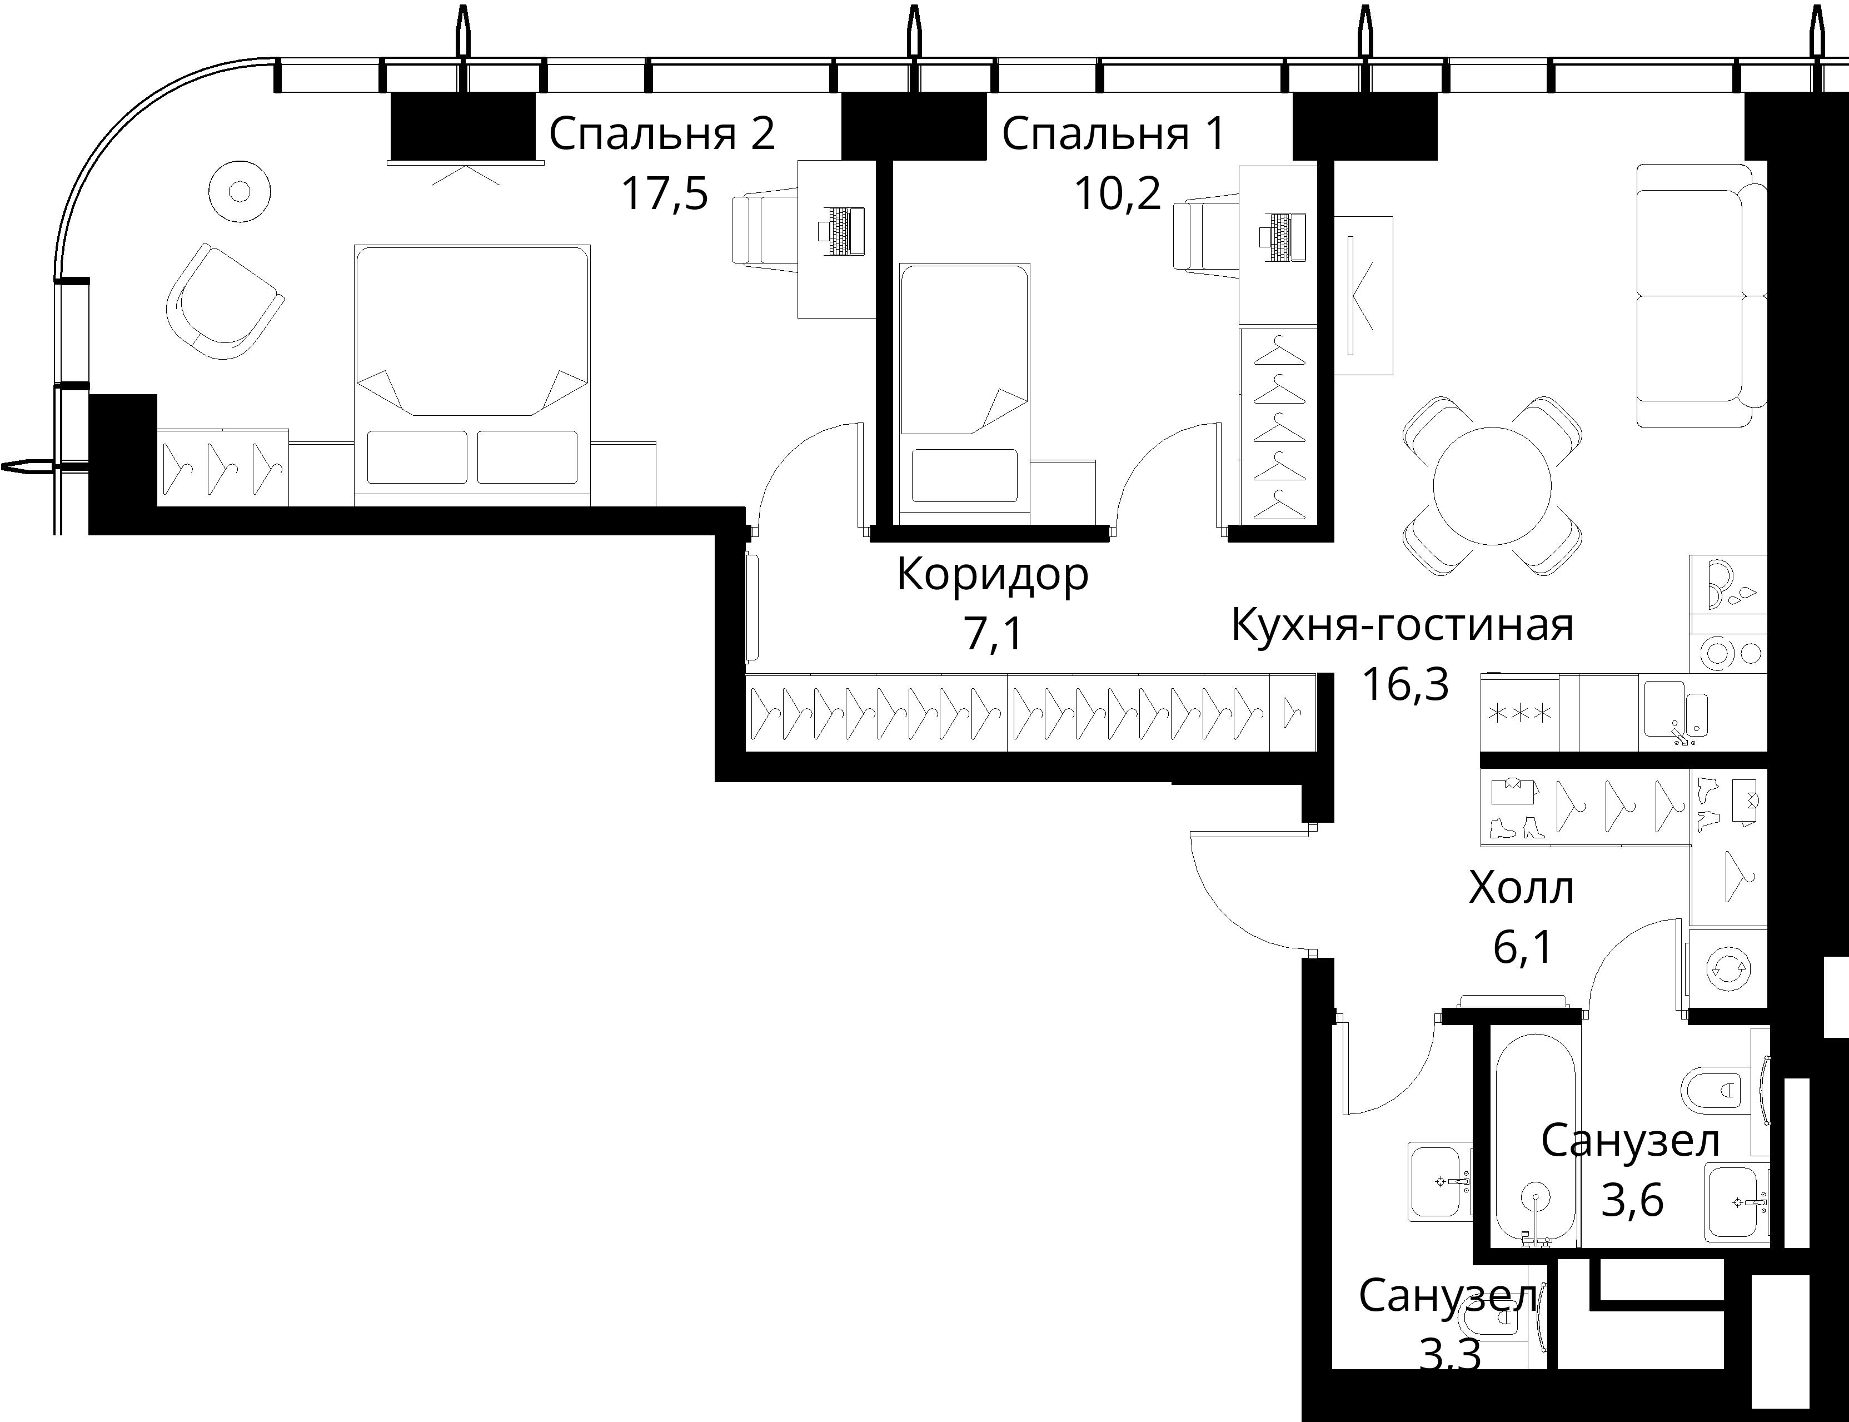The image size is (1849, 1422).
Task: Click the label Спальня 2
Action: pyautogui.click(x=662, y=134)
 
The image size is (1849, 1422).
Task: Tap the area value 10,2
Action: pyautogui.click(x=1117, y=194)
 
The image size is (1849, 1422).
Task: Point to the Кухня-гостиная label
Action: pyautogui.click(x=1402, y=625)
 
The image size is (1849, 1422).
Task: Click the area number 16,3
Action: pyautogui.click(x=1405, y=684)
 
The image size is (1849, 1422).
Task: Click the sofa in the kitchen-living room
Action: pyautogui.click(x=1702, y=295)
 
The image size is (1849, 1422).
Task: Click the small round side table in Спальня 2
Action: pyautogui.click(x=240, y=191)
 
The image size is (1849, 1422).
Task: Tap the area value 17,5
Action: pyautogui.click(x=664, y=194)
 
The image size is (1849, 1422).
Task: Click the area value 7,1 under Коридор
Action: pyautogui.click(x=994, y=634)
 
